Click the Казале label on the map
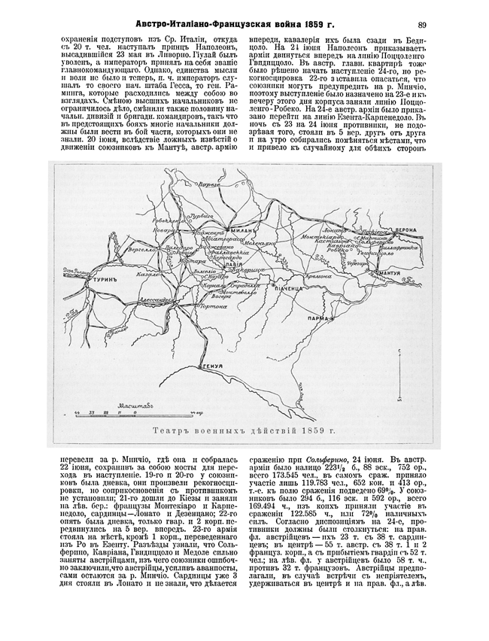(x=145, y=275)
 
